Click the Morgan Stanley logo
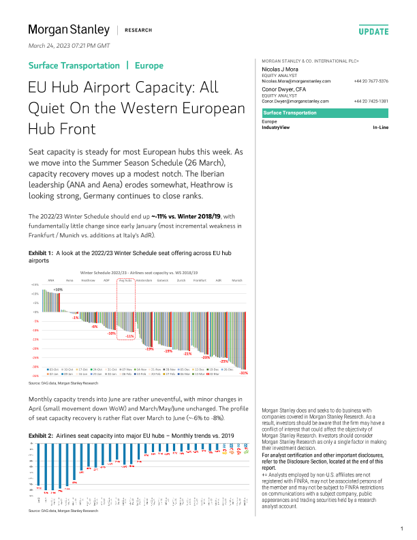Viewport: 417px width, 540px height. (68, 30)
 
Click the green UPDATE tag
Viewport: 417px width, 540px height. (373, 31)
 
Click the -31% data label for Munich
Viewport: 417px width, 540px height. (244, 373)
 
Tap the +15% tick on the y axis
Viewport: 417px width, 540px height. (35, 285)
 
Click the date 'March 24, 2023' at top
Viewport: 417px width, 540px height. (53, 45)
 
